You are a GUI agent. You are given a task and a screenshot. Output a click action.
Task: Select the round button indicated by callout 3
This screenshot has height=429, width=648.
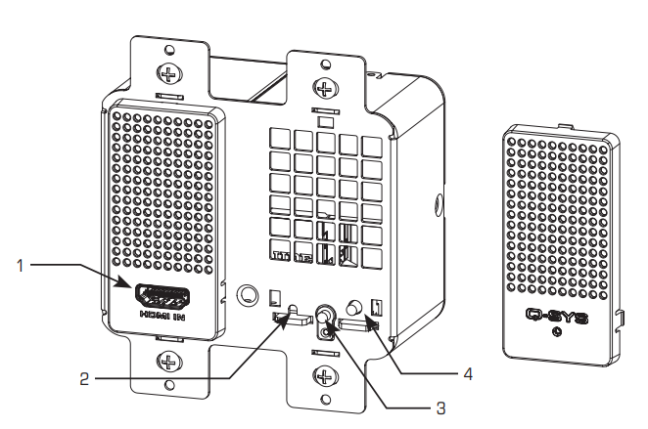click(x=323, y=317)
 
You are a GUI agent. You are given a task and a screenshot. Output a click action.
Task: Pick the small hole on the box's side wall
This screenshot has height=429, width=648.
click(x=435, y=205)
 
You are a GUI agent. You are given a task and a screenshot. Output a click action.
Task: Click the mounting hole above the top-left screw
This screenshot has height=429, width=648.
click(x=168, y=50)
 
